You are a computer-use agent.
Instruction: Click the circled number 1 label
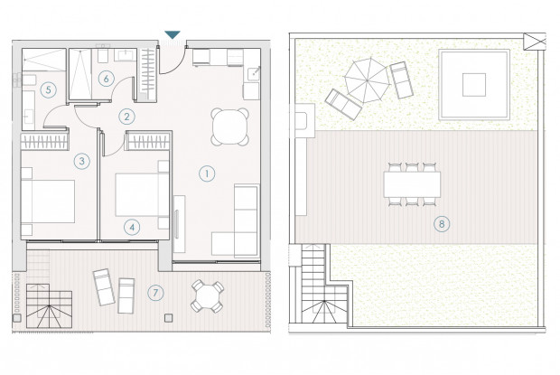[207, 173]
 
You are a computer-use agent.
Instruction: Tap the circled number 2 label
[126, 117]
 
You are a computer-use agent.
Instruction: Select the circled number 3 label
[82, 161]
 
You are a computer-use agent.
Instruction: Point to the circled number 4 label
[132, 227]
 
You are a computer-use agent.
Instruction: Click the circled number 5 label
[48, 89]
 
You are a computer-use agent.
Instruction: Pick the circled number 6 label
[106, 79]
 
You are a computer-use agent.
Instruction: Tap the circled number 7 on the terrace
[155, 293]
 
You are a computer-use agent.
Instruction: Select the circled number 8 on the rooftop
[442, 224]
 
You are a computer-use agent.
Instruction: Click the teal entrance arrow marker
[173, 34]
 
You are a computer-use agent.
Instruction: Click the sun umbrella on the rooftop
[367, 80]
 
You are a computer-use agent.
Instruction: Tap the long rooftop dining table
[412, 184]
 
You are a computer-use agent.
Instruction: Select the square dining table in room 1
[229, 127]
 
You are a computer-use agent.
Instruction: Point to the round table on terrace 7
[207, 296]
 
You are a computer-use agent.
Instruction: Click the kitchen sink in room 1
[254, 73]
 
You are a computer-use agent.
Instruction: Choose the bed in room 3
[48, 202]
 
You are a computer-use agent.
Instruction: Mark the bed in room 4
[142, 195]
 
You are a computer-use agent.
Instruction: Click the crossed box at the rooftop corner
[535, 42]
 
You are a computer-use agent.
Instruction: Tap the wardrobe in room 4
[148, 141]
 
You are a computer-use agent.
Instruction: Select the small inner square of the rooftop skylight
[474, 85]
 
